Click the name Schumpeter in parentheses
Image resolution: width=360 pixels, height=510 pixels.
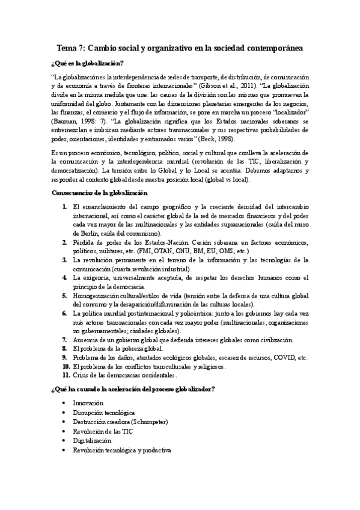point(147,422)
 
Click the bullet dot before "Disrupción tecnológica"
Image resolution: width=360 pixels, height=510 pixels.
point(64,413)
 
